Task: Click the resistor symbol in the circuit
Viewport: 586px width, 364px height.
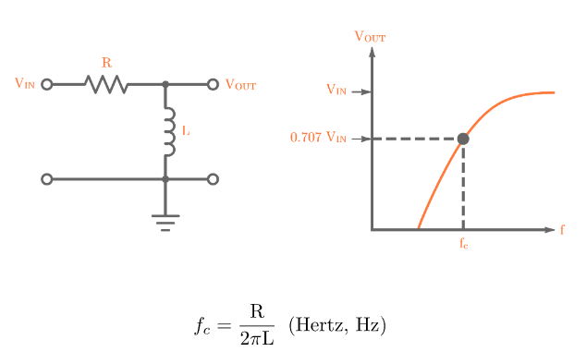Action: click(x=106, y=84)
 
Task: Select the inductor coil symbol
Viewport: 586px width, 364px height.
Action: click(x=169, y=131)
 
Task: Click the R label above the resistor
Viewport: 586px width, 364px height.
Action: click(x=106, y=63)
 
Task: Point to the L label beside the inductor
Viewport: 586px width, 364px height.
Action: click(x=186, y=131)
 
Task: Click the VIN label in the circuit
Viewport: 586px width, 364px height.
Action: click(x=25, y=84)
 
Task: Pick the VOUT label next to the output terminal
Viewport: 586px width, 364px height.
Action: click(x=241, y=85)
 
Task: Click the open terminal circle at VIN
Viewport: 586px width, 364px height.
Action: click(x=47, y=84)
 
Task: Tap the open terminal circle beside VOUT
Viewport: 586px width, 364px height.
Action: click(x=213, y=84)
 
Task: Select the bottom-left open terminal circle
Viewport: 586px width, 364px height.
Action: click(x=47, y=179)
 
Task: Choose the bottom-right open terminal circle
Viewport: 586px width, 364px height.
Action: click(x=213, y=179)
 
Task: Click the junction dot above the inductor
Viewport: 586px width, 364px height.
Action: click(x=165, y=84)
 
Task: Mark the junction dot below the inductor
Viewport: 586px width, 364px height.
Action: click(x=165, y=179)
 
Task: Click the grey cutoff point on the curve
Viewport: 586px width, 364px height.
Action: click(x=463, y=139)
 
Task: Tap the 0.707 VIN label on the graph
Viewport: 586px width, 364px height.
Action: click(x=318, y=139)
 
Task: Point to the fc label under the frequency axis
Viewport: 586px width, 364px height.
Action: click(x=463, y=245)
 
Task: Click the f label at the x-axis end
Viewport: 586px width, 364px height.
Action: click(x=562, y=230)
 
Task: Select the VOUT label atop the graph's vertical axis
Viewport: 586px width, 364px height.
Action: click(x=370, y=37)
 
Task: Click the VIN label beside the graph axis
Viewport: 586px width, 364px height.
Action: click(x=336, y=91)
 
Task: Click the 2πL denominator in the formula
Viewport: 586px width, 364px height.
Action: click(x=256, y=339)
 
